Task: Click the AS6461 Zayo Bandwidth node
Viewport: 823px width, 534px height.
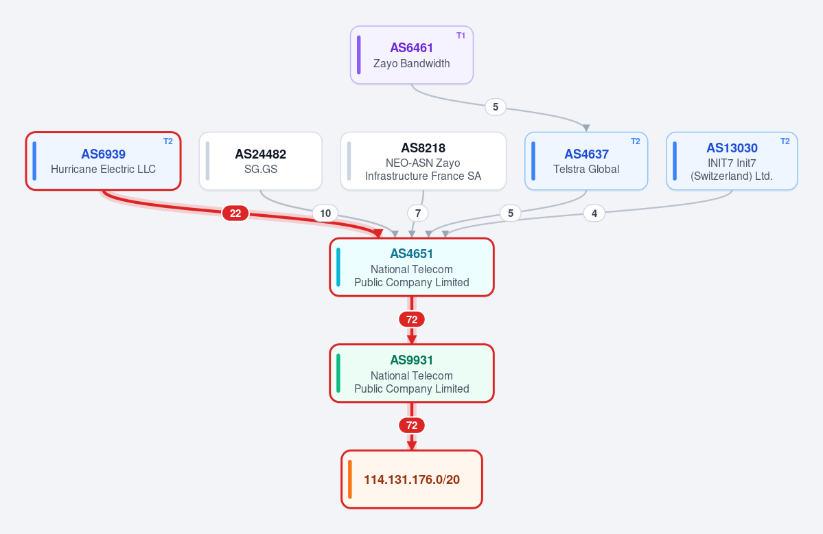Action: tap(412, 55)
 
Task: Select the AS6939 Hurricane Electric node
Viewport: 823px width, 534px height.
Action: tap(104, 161)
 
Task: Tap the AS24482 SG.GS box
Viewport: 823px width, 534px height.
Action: tap(260, 161)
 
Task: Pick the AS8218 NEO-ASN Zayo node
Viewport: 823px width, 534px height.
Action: tap(423, 161)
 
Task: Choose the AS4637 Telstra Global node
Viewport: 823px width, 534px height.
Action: tap(586, 161)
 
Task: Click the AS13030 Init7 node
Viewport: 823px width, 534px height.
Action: tap(732, 161)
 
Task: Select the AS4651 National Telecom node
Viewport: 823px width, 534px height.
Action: tap(412, 267)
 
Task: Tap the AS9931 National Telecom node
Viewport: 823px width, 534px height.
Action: tap(412, 373)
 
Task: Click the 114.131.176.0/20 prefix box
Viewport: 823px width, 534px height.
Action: tap(412, 479)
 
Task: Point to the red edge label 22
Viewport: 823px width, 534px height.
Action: tap(235, 213)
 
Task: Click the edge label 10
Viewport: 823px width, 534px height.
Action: tap(325, 213)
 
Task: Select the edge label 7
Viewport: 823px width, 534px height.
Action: tap(418, 213)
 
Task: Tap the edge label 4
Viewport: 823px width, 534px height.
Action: tap(594, 213)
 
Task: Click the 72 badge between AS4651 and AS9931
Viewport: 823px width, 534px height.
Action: tap(412, 319)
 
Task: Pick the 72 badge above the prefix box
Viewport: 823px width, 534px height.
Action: tap(412, 426)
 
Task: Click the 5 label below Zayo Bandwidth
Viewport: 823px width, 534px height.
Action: tap(496, 107)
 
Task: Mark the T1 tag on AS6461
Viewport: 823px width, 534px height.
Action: tap(461, 36)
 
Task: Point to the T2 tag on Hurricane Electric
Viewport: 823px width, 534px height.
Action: tap(168, 141)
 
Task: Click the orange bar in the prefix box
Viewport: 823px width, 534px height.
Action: tap(350, 479)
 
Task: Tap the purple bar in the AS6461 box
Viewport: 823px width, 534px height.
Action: tap(359, 55)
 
